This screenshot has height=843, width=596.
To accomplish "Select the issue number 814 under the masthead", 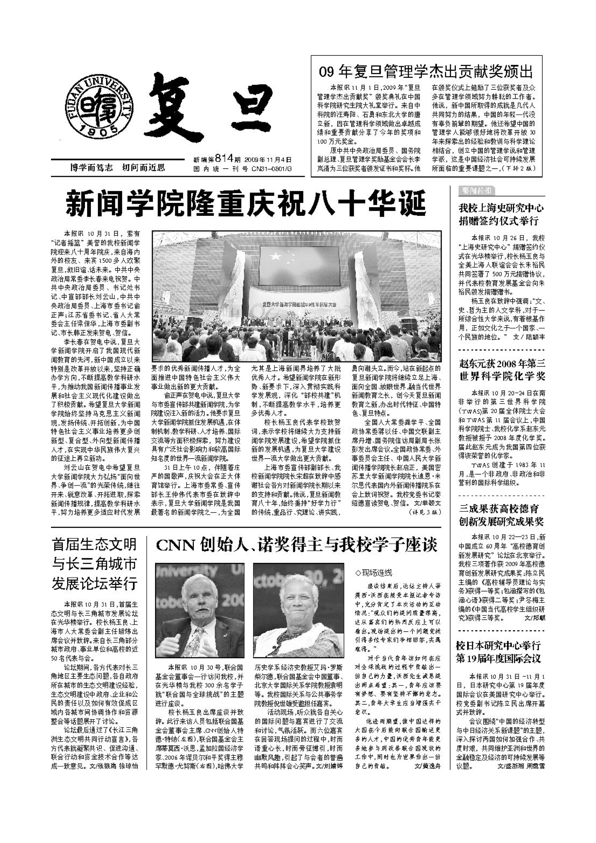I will pyautogui.click(x=224, y=159).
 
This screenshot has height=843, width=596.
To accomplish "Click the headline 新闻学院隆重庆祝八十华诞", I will pyautogui.click(x=246, y=203).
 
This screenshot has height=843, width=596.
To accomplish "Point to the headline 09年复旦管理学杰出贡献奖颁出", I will pyautogui.click(x=426, y=72).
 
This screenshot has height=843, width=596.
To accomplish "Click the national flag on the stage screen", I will pyautogui.click(x=281, y=258).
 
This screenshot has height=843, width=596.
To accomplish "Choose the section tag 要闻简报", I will pyautogui.click(x=476, y=191).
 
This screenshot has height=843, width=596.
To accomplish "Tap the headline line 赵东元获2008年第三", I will pyautogui.click(x=502, y=364).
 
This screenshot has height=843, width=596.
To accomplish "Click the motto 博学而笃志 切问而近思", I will pyautogui.click(x=118, y=168).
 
